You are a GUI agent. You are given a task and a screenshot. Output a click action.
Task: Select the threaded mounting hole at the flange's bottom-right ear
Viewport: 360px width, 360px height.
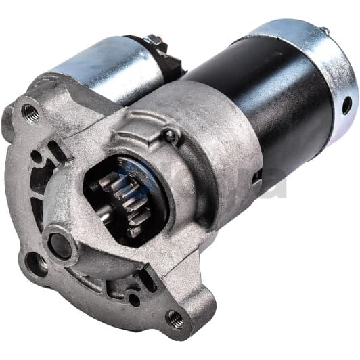click(175, 317)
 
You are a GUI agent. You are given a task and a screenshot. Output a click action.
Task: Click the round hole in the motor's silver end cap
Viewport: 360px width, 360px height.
click(346, 105)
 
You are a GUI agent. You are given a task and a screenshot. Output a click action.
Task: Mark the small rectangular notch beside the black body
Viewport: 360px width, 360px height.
click(257, 177)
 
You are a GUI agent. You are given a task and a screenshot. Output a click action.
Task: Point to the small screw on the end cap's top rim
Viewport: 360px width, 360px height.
click(324, 30)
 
